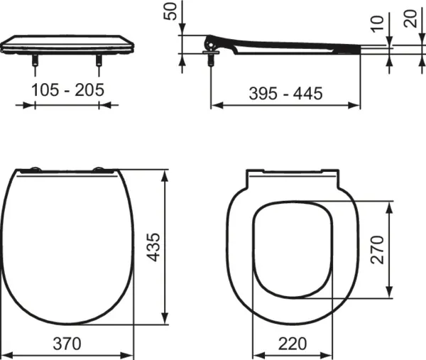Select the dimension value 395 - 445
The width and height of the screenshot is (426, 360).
tap(286, 92)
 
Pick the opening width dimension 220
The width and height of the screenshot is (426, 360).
tap(293, 344)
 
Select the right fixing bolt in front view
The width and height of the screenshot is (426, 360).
tap(98, 65)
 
